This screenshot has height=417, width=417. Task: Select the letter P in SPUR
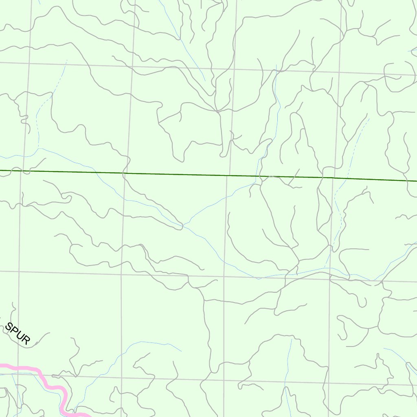click(x=13, y=331)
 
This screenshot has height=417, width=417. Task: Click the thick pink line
click(x=53, y=387)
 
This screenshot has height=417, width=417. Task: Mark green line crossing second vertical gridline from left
click(x=127, y=173)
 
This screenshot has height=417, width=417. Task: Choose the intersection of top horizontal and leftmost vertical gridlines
click(x=29, y=64)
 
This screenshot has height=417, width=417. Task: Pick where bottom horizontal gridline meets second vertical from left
click(x=121, y=377)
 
